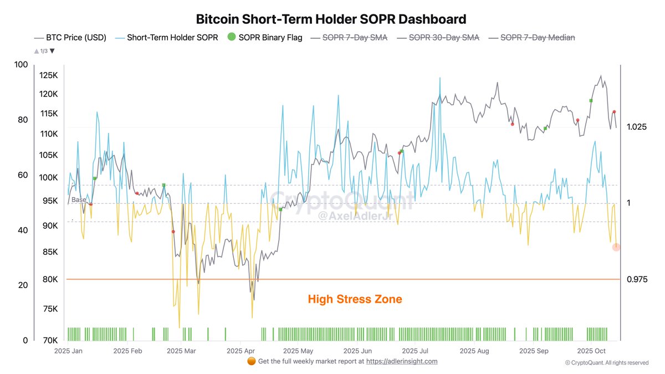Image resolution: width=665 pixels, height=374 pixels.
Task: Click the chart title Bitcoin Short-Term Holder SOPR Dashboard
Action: tap(331, 19)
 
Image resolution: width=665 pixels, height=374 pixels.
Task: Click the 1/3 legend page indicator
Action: tap(44, 51)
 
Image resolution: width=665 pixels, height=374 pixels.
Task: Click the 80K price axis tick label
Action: tap(49, 279)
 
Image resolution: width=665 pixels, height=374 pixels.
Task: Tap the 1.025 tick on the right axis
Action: tap(637, 127)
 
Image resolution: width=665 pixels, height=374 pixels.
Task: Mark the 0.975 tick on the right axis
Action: tap(637, 279)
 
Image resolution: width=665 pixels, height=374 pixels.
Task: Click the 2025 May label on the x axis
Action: tap(298, 351)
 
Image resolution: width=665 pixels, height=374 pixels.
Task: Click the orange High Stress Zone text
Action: tap(355, 299)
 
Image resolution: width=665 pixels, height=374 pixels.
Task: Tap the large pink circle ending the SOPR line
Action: tap(616, 247)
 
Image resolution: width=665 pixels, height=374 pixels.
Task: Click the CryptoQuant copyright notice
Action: tap(606, 363)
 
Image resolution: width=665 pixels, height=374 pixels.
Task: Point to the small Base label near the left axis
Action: tap(79, 199)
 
